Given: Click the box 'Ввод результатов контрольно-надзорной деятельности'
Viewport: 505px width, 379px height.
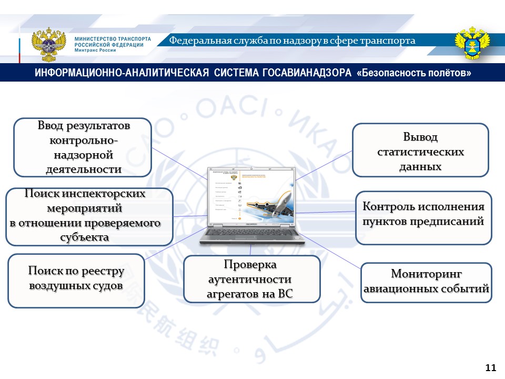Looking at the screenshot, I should tap(83, 147).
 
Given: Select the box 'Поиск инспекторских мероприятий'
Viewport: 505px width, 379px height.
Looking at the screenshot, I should tap(89, 216).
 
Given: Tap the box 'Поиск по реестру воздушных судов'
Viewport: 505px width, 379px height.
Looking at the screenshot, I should tap(76, 281).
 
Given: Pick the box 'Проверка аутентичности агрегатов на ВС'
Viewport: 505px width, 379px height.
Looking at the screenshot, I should tap(252, 279).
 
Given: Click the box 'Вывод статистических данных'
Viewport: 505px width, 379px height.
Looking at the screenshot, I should tap(420, 150).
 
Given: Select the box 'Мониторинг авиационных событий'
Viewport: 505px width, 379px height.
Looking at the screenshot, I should tap(426, 282).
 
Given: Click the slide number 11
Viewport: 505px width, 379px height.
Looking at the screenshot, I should tap(490, 367).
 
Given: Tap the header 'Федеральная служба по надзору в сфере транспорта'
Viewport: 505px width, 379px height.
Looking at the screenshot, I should tap(292, 41).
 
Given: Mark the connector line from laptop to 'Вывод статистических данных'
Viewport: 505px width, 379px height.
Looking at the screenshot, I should tap(324, 165).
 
